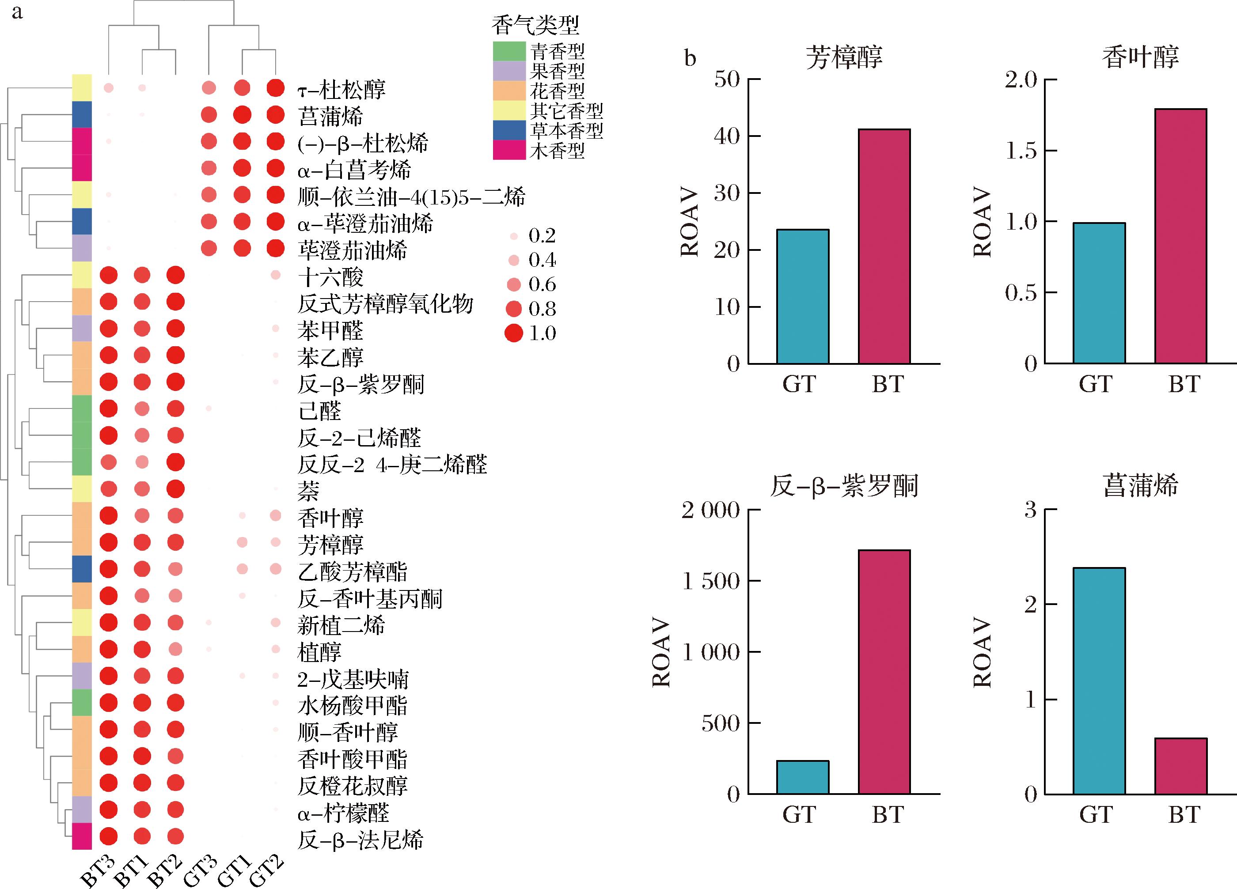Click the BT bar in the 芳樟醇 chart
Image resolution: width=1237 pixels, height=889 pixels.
pos(884,246)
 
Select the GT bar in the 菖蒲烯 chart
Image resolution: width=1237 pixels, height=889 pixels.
pos(1099,681)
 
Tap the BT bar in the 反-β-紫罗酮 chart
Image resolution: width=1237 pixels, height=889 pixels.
pos(884,672)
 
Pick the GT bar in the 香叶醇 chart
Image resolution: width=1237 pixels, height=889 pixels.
pos(1099,293)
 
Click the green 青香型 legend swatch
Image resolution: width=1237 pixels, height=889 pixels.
pos(509,51)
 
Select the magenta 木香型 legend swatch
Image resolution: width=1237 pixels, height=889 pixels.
pos(509,150)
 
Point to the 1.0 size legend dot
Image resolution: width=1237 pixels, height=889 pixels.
pos(514,333)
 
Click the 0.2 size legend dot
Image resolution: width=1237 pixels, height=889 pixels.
pos(514,236)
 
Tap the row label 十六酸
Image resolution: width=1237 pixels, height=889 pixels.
pos(330,277)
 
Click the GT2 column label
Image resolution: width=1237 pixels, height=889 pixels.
pos(267,870)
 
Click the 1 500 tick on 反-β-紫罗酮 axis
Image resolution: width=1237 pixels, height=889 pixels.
pos(711,582)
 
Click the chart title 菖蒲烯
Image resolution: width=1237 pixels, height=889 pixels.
pos(1140,485)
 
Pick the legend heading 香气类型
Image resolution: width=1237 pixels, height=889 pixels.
pos(535,25)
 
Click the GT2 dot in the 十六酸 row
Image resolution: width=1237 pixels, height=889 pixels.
pos(275,275)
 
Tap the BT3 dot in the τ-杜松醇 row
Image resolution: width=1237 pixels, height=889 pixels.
pos(109,88)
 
